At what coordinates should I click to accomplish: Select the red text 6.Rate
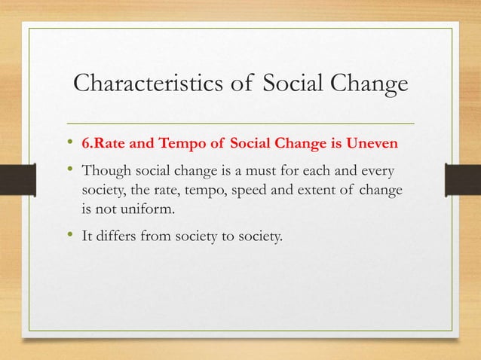(103, 142)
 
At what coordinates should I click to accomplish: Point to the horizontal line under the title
(241, 121)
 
